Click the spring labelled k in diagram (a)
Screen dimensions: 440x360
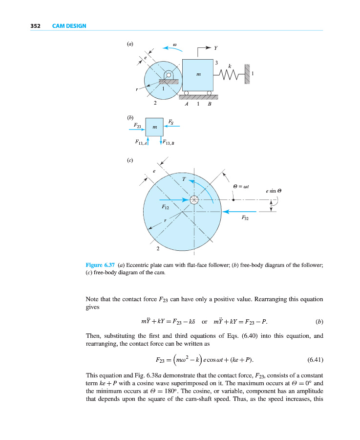[x=229, y=74]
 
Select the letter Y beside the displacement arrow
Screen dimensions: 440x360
[x=215, y=48]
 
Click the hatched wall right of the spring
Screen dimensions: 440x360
[x=247, y=74]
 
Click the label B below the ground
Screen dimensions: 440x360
[x=209, y=104]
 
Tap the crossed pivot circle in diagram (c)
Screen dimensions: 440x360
[x=194, y=199]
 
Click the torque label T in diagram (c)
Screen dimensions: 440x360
[x=184, y=179]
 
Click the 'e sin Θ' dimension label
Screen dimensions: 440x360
[x=274, y=191]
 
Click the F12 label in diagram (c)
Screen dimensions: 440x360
[x=166, y=208]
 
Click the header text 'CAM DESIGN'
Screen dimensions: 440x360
[x=69, y=26]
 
